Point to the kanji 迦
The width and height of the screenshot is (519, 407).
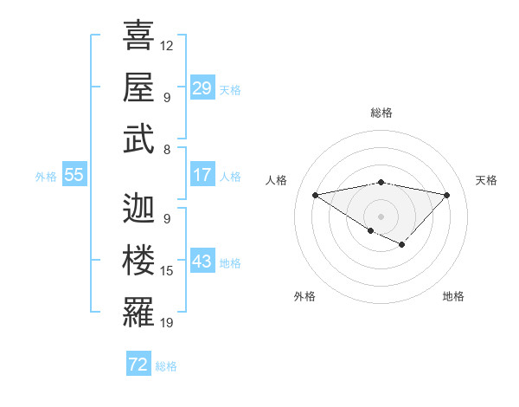pos(139,208)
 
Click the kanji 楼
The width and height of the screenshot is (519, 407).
pos(139,260)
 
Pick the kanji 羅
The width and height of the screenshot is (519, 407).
pos(139,312)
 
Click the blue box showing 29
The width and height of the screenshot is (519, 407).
pos(202,88)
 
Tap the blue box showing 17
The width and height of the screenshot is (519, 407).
pos(202,175)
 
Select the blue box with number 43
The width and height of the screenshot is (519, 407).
pos(202,262)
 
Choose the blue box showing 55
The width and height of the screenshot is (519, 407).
pos(74,175)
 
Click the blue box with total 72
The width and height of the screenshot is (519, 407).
pos(138,365)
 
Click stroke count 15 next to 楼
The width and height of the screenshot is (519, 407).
pos(167,271)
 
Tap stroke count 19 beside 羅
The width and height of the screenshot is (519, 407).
pos(167,323)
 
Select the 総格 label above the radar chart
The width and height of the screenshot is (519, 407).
pos(381,113)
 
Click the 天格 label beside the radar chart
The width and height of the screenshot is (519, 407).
pos(486,180)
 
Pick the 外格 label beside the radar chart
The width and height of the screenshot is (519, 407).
pos(304,296)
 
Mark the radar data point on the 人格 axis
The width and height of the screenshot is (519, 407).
pos(315,194)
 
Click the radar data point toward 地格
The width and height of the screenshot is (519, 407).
pos(402,245)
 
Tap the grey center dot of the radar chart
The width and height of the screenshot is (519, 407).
pos(381,215)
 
